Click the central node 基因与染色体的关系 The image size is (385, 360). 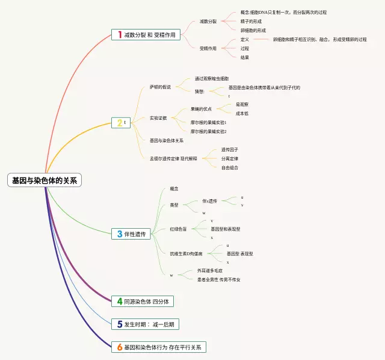point(45,180)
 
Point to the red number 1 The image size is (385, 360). point(120,35)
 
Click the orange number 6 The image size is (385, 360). point(120,347)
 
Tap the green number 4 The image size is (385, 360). point(120,301)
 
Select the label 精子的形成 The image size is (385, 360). point(252,21)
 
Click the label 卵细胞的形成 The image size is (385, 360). point(254,30)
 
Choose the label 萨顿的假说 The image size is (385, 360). point(161,87)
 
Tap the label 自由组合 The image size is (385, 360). point(229,167)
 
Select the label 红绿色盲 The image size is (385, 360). point(178,229)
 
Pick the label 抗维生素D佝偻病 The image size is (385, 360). point(186,253)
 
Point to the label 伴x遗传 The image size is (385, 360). point(210,201)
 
